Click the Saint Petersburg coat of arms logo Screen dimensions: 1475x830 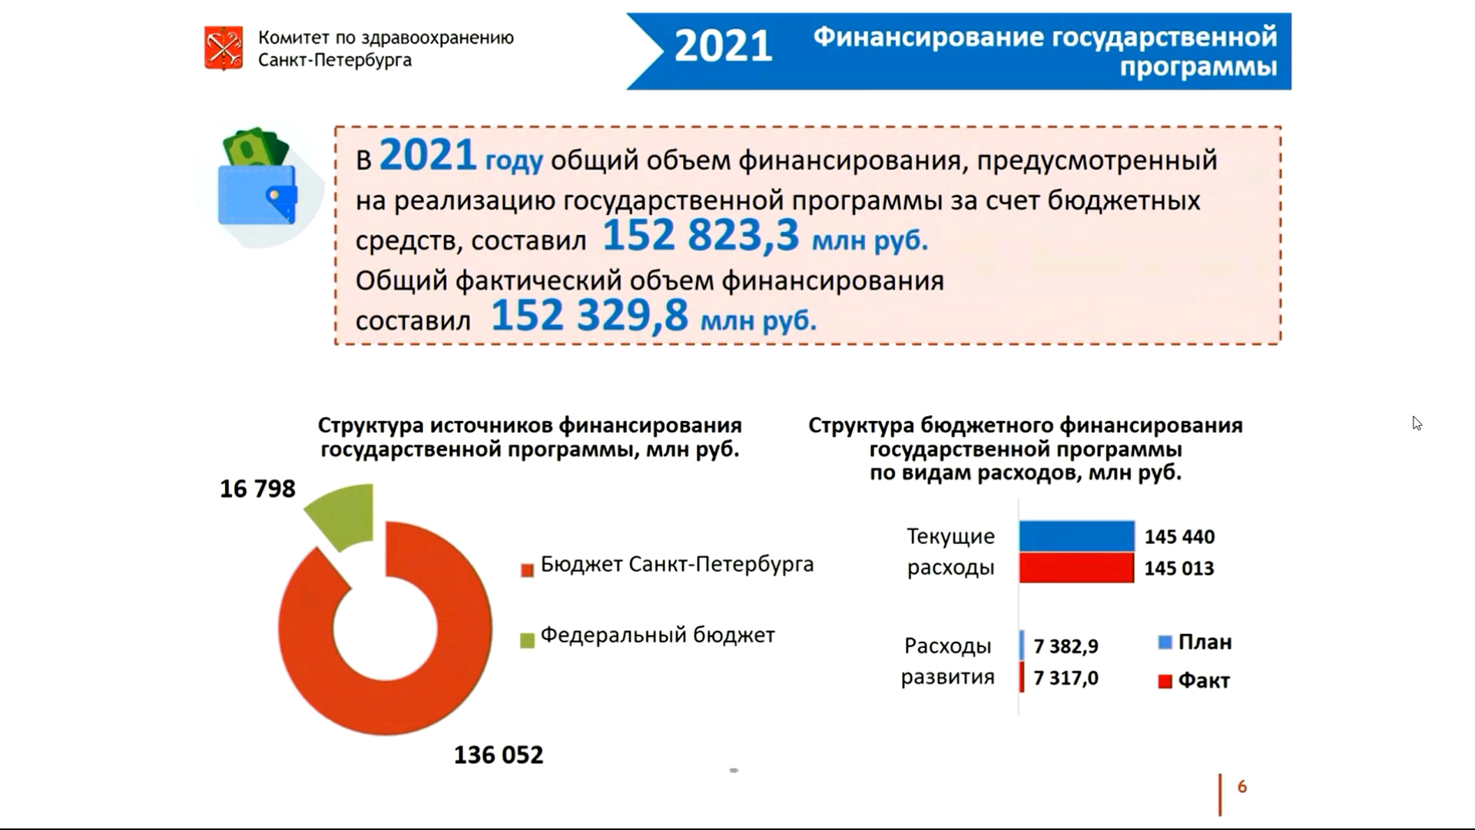tap(224, 48)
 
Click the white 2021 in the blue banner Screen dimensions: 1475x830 tap(723, 46)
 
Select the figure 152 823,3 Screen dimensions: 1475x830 tap(701, 235)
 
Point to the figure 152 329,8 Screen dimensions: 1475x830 tap(589, 315)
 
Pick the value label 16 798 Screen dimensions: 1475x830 tap(257, 489)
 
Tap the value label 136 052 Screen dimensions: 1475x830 tap(499, 755)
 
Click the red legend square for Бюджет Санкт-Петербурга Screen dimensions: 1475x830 tap(527, 570)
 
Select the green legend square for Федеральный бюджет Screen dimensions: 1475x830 tap(527, 640)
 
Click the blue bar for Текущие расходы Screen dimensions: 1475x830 tap(1077, 536)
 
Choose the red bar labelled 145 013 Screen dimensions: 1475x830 tap(1076, 568)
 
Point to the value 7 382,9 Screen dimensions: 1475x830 tap(1066, 646)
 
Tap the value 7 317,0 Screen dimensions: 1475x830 tap(1066, 678)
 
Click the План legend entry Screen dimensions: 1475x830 tap(1195, 642)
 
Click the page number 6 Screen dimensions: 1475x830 tap(1242, 786)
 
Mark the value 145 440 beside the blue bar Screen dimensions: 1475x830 tap(1180, 536)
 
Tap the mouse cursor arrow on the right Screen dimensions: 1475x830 tap(1417, 423)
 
